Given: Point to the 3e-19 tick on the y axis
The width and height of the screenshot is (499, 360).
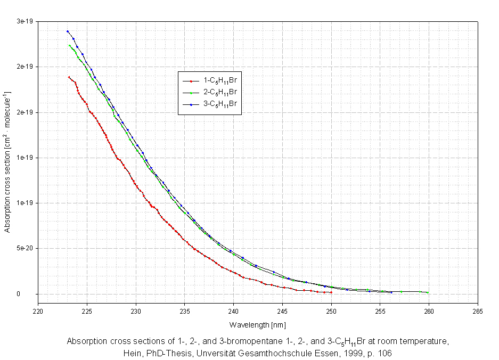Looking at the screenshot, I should [x=25, y=21].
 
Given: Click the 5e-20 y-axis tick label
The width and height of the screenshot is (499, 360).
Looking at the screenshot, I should [x=25, y=248].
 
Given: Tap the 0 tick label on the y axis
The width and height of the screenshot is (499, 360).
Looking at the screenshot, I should [x=32, y=294].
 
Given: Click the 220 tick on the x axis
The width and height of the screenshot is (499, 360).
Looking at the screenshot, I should [x=38, y=311].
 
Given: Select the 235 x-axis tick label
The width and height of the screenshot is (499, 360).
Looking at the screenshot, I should [x=185, y=311].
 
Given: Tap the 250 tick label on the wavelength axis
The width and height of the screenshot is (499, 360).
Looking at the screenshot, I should [x=331, y=311].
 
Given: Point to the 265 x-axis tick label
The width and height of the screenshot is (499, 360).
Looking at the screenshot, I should [x=478, y=311].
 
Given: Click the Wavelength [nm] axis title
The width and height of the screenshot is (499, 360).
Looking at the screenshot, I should [x=258, y=324].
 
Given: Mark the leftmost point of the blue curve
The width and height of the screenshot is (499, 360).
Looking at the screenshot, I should [x=68, y=31].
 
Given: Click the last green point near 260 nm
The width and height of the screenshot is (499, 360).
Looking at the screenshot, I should [x=428, y=292].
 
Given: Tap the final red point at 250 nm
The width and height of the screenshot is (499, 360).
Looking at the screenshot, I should [x=331, y=292].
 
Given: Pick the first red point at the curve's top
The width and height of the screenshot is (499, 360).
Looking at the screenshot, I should [x=69, y=77].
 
